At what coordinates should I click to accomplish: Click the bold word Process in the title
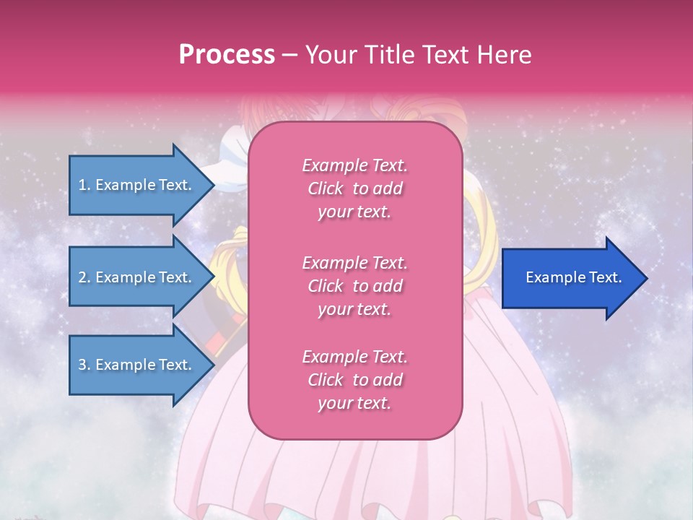tap(227, 55)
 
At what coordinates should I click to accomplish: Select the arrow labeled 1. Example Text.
tap(137, 185)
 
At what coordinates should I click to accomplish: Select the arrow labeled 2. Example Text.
tap(137, 277)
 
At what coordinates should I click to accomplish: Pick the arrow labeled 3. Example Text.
tap(137, 365)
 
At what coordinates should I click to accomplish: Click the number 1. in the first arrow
tap(84, 185)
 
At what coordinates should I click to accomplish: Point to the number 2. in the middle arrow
tap(84, 277)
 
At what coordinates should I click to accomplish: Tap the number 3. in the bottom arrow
tap(84, 365)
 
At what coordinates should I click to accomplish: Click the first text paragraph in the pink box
tap(354, 188)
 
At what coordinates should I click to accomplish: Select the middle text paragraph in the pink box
tap(354, 286)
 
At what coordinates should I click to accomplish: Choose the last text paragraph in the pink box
tap(354, 380)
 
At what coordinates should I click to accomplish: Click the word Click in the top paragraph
tap(326, 188)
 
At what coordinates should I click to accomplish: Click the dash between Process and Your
tap(290, 55)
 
